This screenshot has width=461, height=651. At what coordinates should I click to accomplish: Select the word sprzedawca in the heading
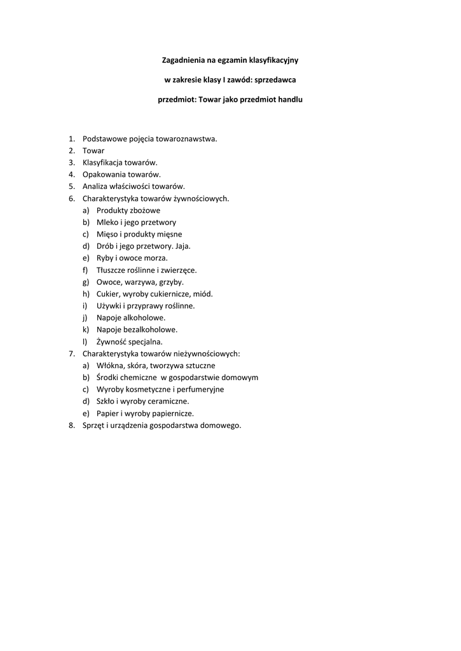point(275,80)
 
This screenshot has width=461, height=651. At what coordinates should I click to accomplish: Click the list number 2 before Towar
point(72,151)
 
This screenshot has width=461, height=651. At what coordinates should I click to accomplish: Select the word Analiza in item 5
point(95,186)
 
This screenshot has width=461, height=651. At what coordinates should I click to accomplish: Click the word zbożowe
point(146,210)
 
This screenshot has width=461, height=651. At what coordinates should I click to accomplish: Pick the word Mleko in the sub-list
point(107,223)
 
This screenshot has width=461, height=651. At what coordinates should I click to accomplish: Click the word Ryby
point(104,258)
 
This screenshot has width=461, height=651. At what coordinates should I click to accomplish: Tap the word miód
point(203,294)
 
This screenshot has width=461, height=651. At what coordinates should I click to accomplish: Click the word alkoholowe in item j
point(144,317)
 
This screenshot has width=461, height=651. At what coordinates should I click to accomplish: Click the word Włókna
point(109,366)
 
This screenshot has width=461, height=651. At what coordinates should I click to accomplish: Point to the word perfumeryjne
point(200,389)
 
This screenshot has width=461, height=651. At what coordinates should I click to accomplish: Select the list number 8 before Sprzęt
point(72,425)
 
